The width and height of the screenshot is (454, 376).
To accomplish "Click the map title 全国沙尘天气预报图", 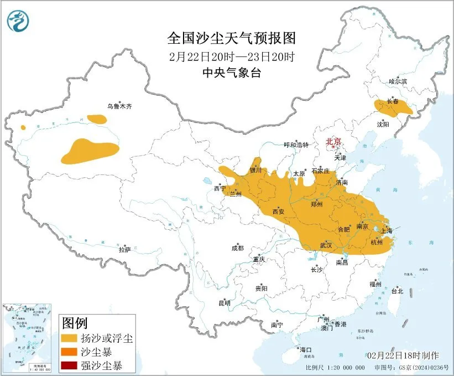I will (x=232, y=38).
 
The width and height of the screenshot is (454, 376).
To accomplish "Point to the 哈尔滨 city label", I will (x=397, y=81).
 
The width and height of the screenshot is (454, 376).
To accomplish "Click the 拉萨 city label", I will (x=124, y=250).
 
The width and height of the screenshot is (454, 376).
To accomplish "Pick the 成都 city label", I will (x=238, y=249).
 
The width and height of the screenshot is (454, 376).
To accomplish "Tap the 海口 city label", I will (x=306, y=349).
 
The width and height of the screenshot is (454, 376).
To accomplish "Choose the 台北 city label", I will (x=397, y=291).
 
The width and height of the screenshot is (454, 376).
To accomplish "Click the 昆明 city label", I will (x=225, y=302).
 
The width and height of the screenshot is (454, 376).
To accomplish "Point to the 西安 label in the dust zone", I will (x=279, y=212).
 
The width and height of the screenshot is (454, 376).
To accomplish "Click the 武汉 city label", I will (x=326, y=245).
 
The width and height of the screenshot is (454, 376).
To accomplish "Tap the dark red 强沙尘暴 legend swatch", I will (x=70, y=365).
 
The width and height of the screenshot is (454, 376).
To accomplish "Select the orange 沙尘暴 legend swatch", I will (x=70, y=351).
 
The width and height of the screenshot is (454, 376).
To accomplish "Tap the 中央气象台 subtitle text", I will (x=232, y=73).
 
